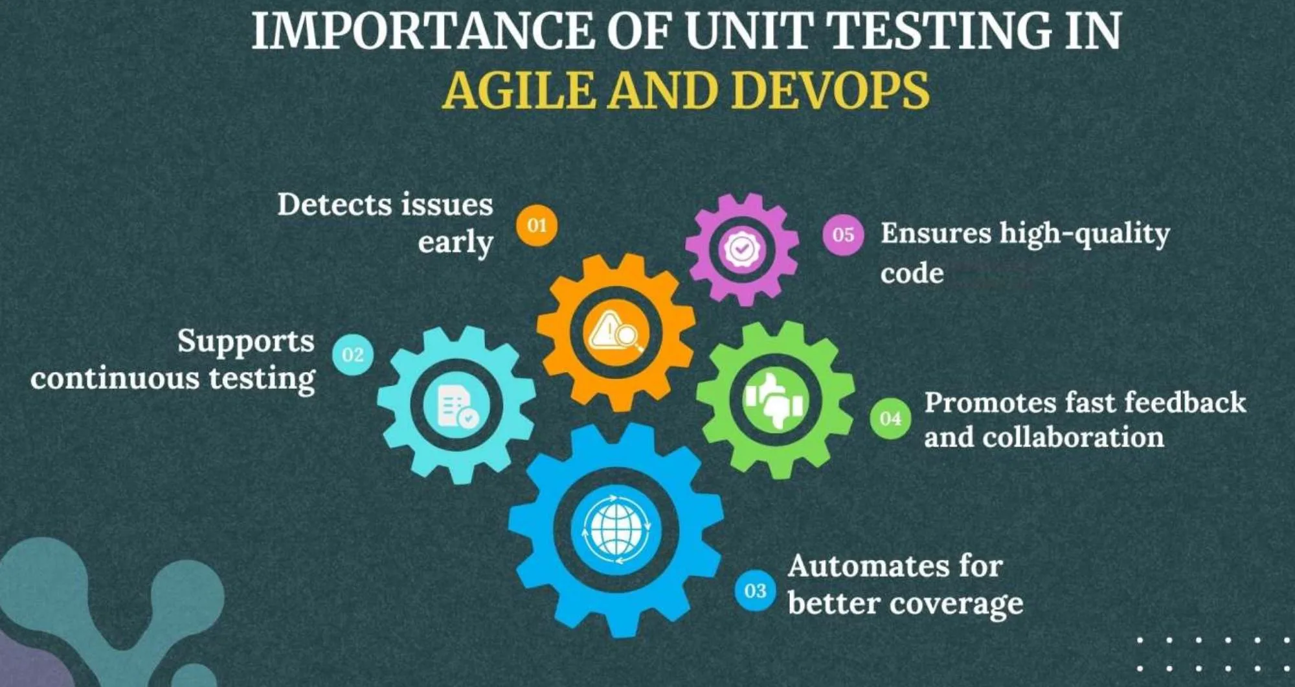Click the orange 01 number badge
click(537, 226)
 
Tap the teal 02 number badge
click(353, 355)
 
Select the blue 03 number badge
click(755, 590)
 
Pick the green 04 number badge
click(890, 419)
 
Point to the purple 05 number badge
click(843, 234)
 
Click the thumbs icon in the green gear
click(775, 399)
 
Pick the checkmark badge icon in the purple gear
click(742, 248)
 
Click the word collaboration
click(1073, 437)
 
